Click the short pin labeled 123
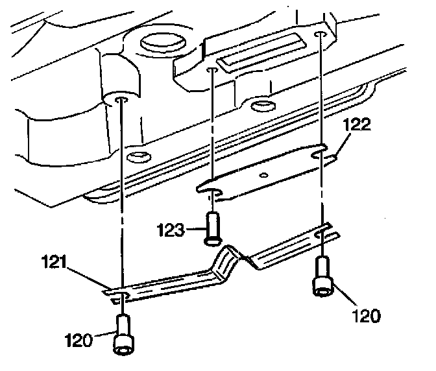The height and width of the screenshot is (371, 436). coord(212,229)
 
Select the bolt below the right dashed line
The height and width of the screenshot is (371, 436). coord(322,278)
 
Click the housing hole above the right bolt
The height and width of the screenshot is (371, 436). coord(319,33)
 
